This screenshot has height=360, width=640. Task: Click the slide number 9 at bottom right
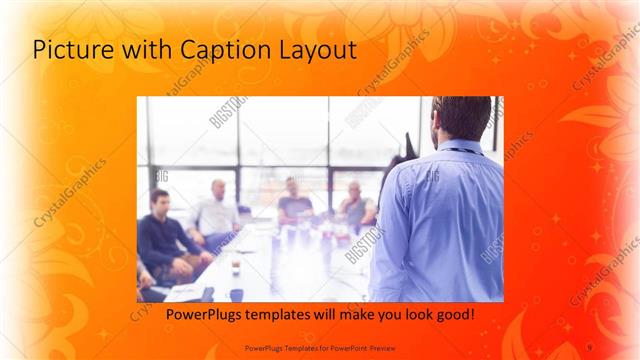pyautogui.click(x=589, y=346)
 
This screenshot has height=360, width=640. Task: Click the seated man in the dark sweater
pyautogui.click(x=163, y=236)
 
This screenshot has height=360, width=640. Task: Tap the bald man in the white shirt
pyautogui.click(x=216, y=210)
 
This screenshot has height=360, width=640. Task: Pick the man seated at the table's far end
pyautogui.click(x=293, y=200)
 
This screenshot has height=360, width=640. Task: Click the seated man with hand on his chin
pyautogui.click(x=355, y=205)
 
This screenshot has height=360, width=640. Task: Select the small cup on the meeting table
pyautogui.click(x=236, y=266)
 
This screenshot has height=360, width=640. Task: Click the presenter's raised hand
pyautogui.click(x=407, y=143)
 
